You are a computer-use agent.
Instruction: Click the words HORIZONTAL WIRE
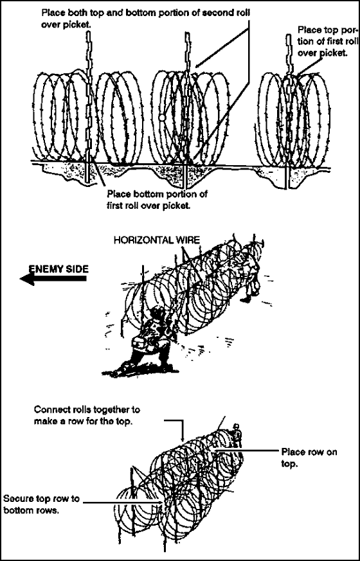coord(156,240)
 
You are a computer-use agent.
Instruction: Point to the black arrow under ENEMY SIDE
coord(53,279)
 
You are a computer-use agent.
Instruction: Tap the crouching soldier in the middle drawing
coord(150,340)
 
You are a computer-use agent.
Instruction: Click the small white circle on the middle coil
coord(162,117)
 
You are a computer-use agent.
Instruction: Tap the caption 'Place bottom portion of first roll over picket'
coord(157,200)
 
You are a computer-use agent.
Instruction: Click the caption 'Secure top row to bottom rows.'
coord(42,504)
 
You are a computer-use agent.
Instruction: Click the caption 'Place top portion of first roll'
coord(328,40)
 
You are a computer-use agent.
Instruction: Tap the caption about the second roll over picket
coord(146,18)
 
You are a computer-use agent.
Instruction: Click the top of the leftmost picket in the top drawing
coord(88,32)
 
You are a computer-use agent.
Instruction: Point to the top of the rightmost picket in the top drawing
coord(289,36)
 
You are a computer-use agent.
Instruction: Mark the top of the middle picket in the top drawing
coord(187,33)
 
